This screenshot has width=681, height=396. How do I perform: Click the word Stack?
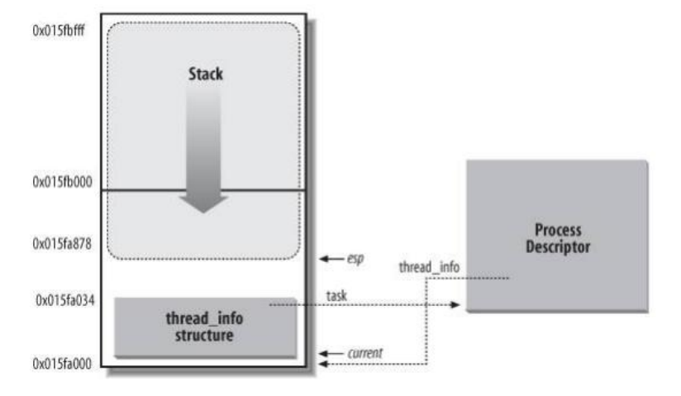pos(204,74)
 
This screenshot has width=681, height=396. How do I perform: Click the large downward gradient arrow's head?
pos(204,203)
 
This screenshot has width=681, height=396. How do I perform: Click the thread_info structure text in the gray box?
pos(205,327)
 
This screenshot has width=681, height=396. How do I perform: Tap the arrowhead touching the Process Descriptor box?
pos(457,305)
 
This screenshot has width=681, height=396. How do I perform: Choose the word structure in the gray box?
pos(205,336)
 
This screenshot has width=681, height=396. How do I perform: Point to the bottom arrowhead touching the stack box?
pos(322,363)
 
